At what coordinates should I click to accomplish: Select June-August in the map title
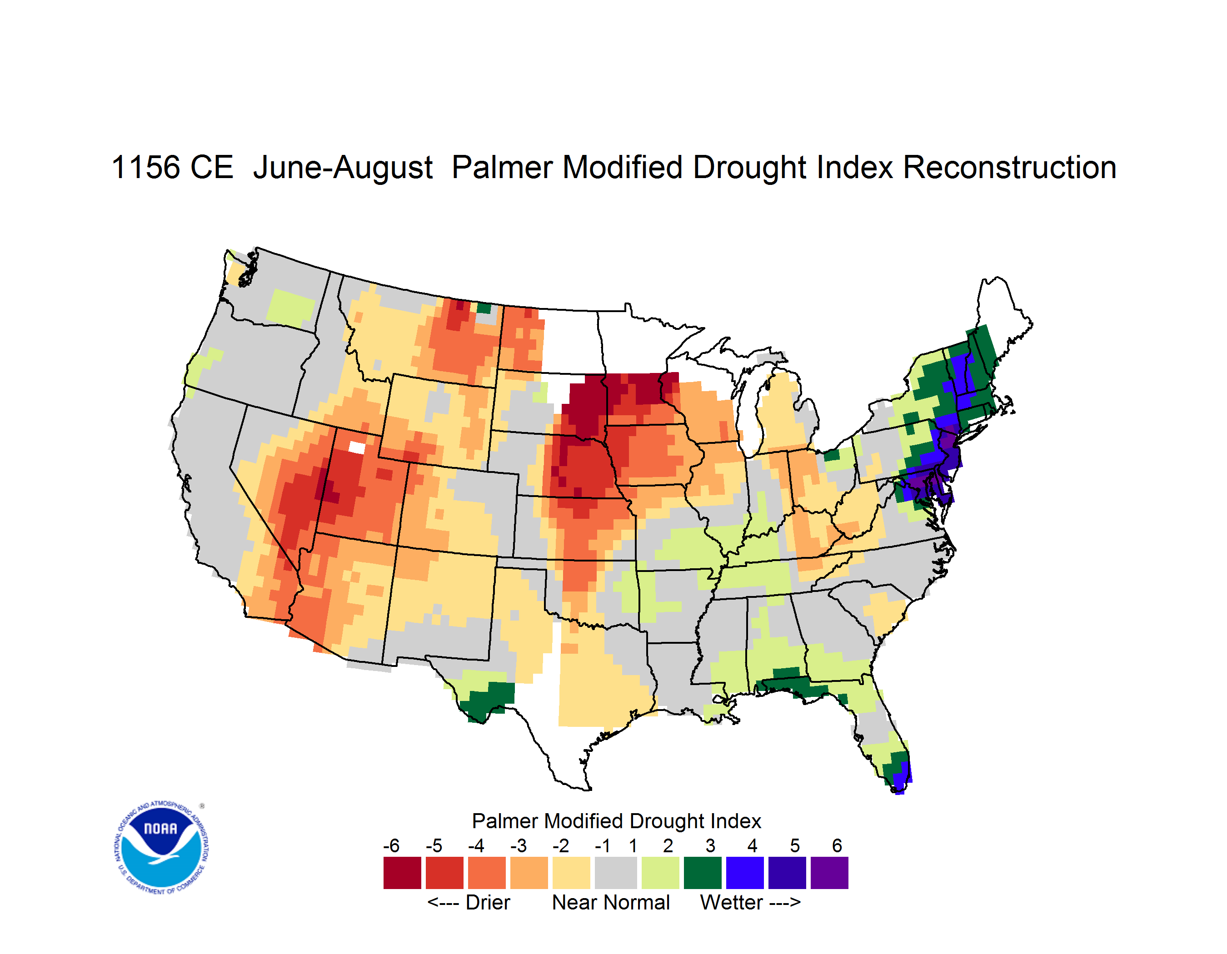(x=343, y=169)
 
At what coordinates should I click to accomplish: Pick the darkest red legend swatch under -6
(x=402, y=872)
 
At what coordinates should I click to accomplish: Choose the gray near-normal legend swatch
(x=616, y=872)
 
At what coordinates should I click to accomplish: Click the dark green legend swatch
(x=702, y=872)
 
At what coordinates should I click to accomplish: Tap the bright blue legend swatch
(x=744, y=872)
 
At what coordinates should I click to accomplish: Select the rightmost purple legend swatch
(x=829, y=872)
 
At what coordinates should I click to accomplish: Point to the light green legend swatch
(x=660, y=872)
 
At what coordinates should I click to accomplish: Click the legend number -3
(x=519, y=845)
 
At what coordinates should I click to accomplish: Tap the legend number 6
(x=837, y=845)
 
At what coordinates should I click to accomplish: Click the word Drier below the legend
(x=488, y=902)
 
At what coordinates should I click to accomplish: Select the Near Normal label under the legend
(x=611, y=902)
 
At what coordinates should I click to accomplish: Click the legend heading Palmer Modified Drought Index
(x=616, y=821)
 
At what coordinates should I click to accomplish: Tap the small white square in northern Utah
(x=357, y=447)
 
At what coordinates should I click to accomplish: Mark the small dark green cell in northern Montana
(x=484, y=308)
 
